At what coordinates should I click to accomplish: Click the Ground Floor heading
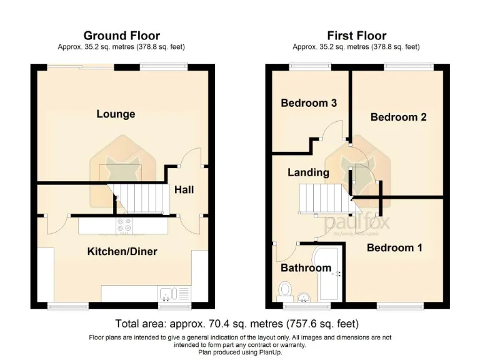tap(121, 36)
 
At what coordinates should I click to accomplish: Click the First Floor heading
tap(356, 36)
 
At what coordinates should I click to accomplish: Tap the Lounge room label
tap(116, 114)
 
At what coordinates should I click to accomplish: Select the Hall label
tap(184, 189)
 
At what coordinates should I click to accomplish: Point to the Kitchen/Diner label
tap(122, 252)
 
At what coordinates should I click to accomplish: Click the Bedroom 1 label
tap(394, 248)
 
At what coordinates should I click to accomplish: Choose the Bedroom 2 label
tap(398, 117)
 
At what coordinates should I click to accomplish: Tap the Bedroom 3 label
tap(309, 103)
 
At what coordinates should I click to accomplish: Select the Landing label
tap(308, 172)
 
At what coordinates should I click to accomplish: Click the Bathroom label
tap(305, 268)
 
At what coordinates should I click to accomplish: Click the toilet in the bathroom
tap(286, 289)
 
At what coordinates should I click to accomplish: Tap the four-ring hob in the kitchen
tap(123, 224)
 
